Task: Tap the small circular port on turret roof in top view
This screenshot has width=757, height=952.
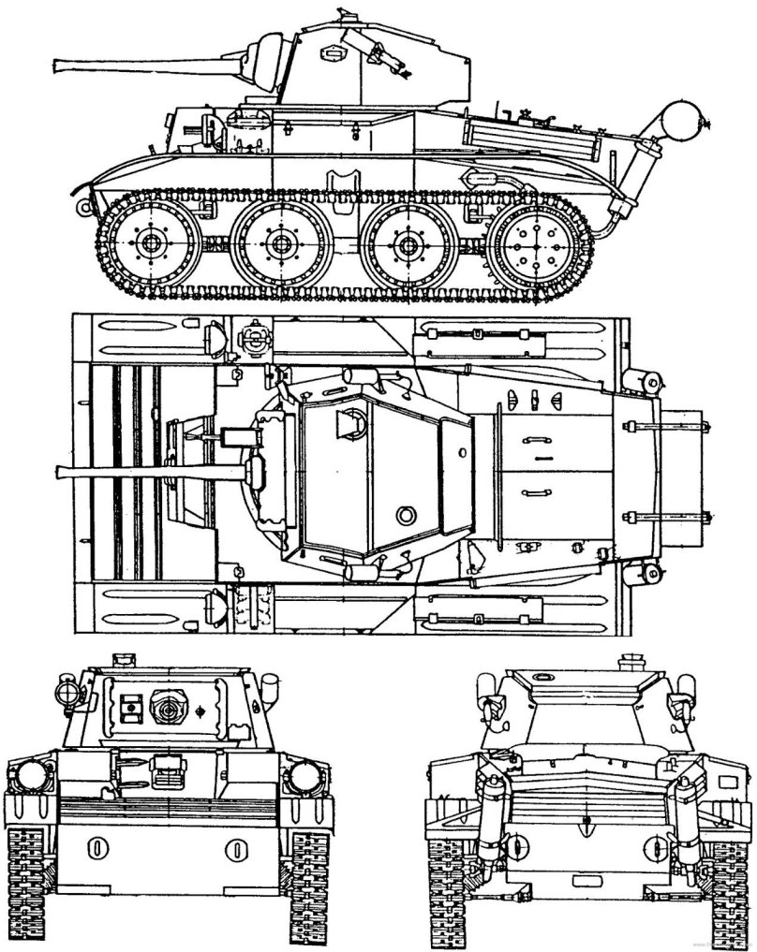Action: coord(406,514)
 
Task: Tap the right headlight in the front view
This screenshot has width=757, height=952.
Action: coord(304,774)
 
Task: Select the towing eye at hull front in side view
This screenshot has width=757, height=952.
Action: coord(86,206)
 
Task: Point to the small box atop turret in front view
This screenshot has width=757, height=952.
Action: coord(122,660)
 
